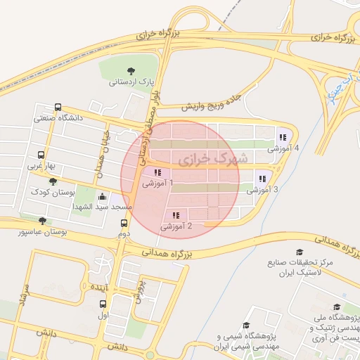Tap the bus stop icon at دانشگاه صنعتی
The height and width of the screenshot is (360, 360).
coord(58,108)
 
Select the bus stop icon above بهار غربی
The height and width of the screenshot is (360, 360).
coord(41,155)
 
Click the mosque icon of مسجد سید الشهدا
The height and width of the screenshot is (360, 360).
coord(103,197)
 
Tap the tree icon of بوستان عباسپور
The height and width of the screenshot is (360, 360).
coord(42,221)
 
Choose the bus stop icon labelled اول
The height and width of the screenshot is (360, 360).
coord(103,305)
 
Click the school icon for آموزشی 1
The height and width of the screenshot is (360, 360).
coord(156,172)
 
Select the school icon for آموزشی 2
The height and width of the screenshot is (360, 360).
coord(176,215)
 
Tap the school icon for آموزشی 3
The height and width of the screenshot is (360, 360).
coord(263,179)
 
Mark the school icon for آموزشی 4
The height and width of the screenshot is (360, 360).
coord(283,137)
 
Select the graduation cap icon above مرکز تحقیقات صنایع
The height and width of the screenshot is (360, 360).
coord(300,252)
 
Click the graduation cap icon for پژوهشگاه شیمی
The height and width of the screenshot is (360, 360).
coord(246,325)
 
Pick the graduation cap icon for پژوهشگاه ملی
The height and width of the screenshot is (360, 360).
coord(337,307)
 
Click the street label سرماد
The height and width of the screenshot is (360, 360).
coord(20,296)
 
